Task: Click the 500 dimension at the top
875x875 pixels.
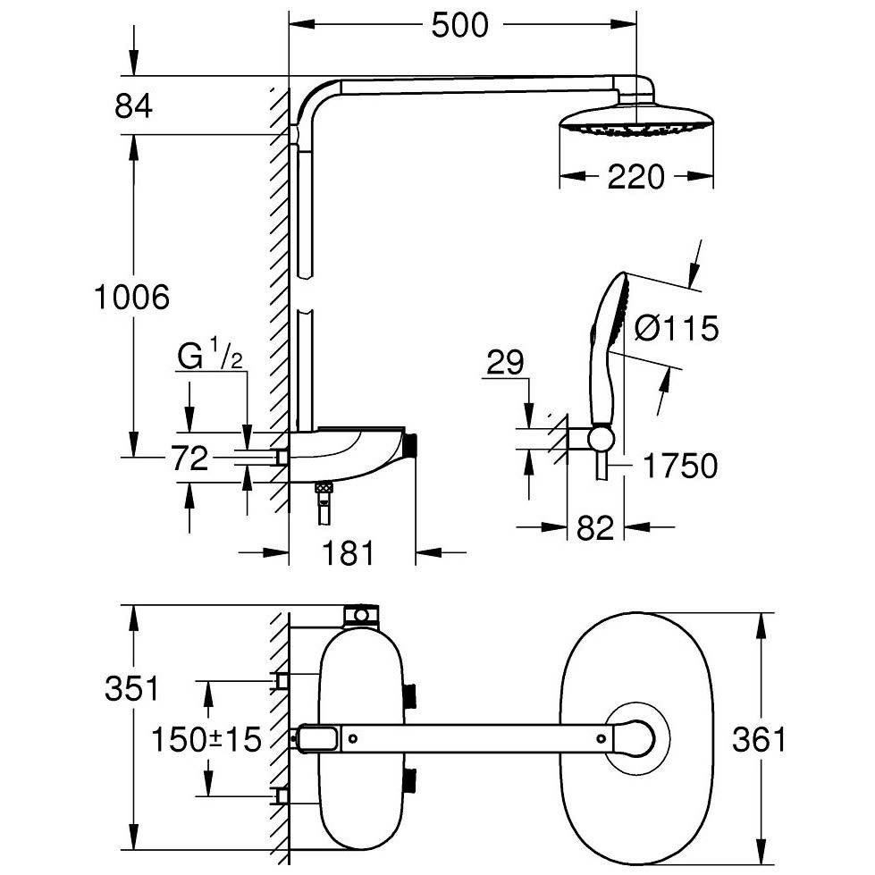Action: (459, 26)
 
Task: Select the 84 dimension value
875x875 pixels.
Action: (133, 105)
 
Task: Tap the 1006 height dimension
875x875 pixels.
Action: (131, 297)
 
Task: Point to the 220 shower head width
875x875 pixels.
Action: (636, 177)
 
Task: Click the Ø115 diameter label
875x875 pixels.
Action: (677, 328)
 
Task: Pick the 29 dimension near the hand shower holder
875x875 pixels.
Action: (505, 362)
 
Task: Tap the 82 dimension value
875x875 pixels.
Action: (595, 528)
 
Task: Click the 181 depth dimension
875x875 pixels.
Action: (349, 553)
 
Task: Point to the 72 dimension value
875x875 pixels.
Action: (189, 459)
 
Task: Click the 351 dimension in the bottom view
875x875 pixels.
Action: (132, 688)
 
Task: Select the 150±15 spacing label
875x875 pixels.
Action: (206, 739)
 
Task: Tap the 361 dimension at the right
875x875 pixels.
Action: (759, 739)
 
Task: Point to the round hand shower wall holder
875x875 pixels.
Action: (601, 439)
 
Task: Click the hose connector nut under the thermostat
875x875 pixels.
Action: (323, 487)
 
